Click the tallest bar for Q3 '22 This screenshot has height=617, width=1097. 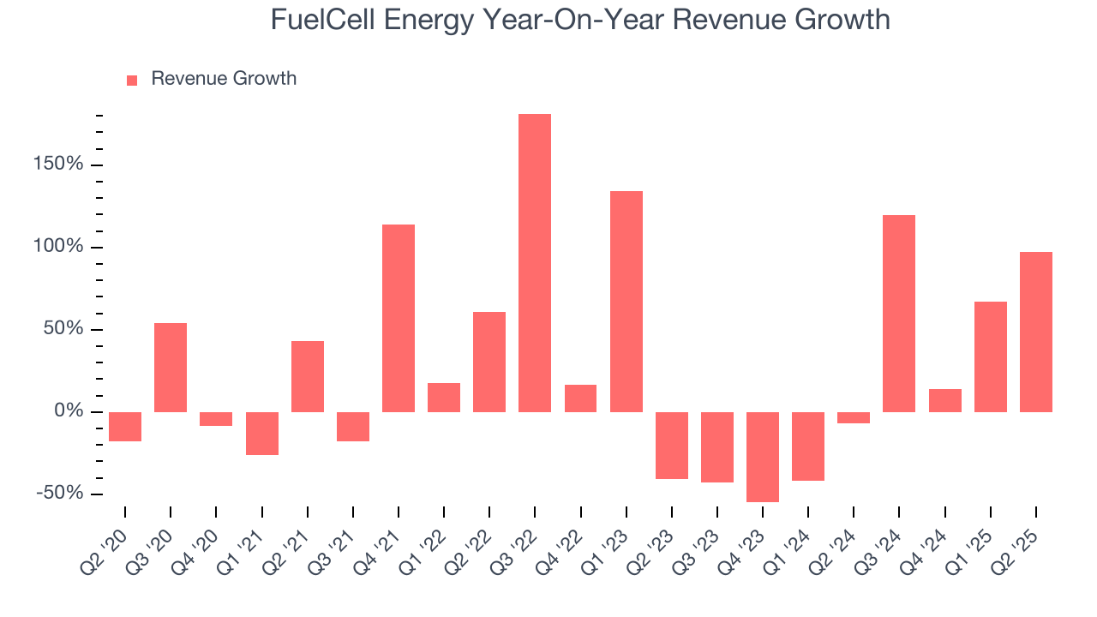pyautogui.click(x=535, y=262)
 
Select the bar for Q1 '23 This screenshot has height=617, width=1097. pyautogui.click(x=626, y=301)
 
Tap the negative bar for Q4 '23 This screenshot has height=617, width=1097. pyautogui.click(x=763, y=457)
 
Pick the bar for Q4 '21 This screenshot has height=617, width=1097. pyautogui.click(x=399, y=318)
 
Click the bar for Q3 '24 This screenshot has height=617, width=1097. pyautogui.click(x=899, y=313)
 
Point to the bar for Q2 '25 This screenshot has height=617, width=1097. pyautogui.click(x=1035, y=332)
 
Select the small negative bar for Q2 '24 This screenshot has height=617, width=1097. pyautogui.click(x=854, y=417)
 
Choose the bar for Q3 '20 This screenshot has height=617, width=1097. pyautogui.click(x=171, y=367)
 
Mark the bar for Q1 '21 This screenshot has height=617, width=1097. pyautogui.click(x=262, y=433)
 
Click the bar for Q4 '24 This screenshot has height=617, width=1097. pyautogui.click(x=944, y=400)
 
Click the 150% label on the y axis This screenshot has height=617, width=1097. pyautogui.click(x=58, y=165)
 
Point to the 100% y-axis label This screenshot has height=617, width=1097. pyautogui.click(x=58, y=247)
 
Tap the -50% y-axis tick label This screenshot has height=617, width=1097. pyautogui.click(x=60, y=494)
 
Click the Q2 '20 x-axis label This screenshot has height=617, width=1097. pyautogui.click(x=105, y=545)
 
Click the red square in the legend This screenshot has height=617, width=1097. pyautogui.click(x=132, y=81)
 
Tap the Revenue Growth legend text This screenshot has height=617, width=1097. pyautogui.click(x=224, y=79)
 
